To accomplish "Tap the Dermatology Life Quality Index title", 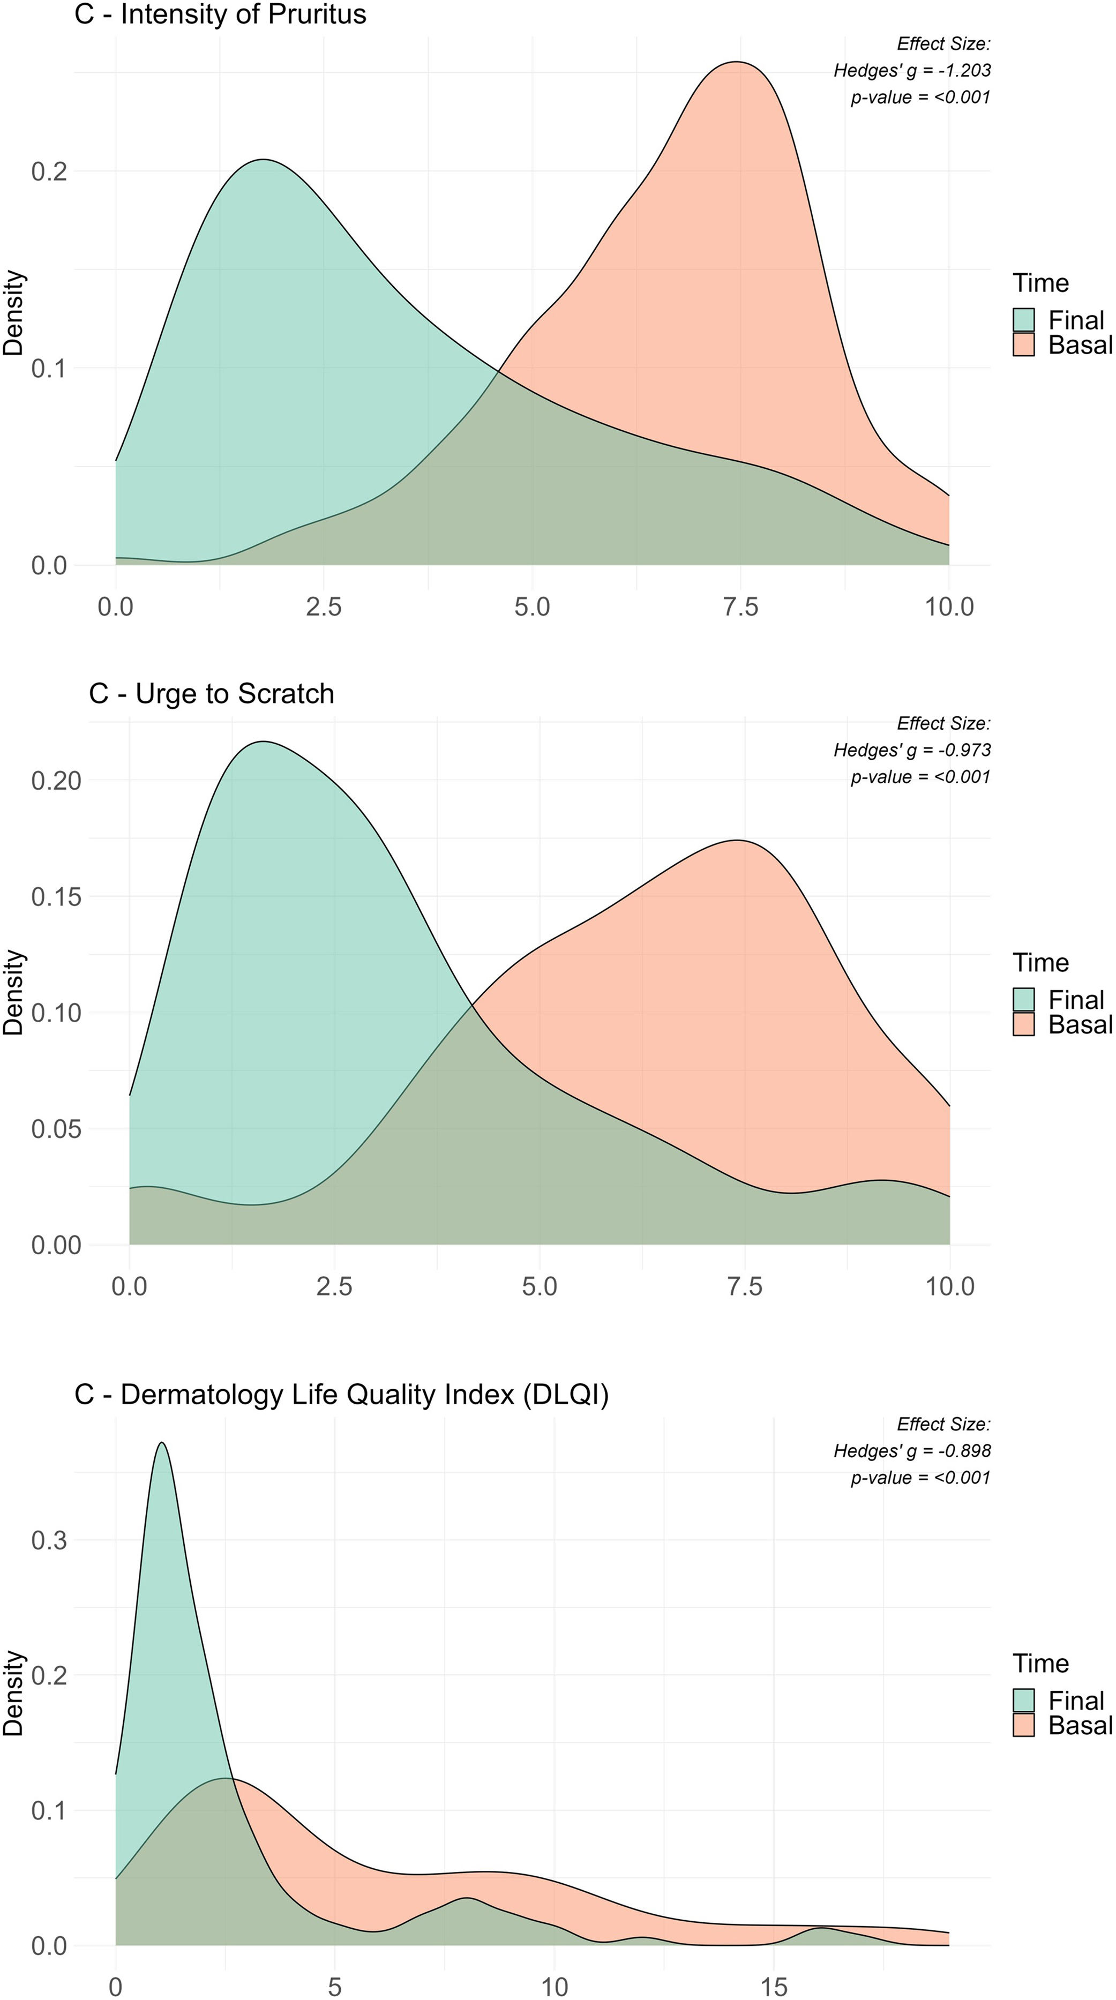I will click(x=342, y=1395).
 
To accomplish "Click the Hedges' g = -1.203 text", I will click(x=912, y=71).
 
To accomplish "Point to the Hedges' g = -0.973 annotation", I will click(x=912, y=750).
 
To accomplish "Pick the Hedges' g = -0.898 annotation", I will click(x=912, y=1451).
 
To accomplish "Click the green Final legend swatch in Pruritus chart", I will click(x=1024, y=320).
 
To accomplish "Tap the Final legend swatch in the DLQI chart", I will click(x=1024, y=1701).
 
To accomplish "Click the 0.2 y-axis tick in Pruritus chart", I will click(x=49, y=171).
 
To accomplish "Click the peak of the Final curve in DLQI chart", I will click(x=162, y=1443).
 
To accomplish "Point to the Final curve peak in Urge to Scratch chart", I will click(x=264, y=742).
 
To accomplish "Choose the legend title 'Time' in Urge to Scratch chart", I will click(x=1040, y=963).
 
